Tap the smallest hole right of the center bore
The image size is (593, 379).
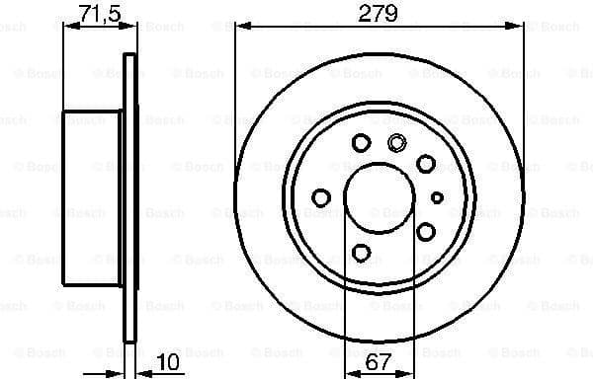pos(437,197)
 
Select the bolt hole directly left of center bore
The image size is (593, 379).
pos(320,197)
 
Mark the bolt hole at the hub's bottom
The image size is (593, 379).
pos(362,253)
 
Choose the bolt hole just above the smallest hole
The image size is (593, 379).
pos(426,163)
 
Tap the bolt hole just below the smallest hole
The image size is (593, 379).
pos(426,231)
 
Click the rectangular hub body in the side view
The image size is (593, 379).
pos(92,197)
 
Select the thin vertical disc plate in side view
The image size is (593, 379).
pos(127,197)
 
